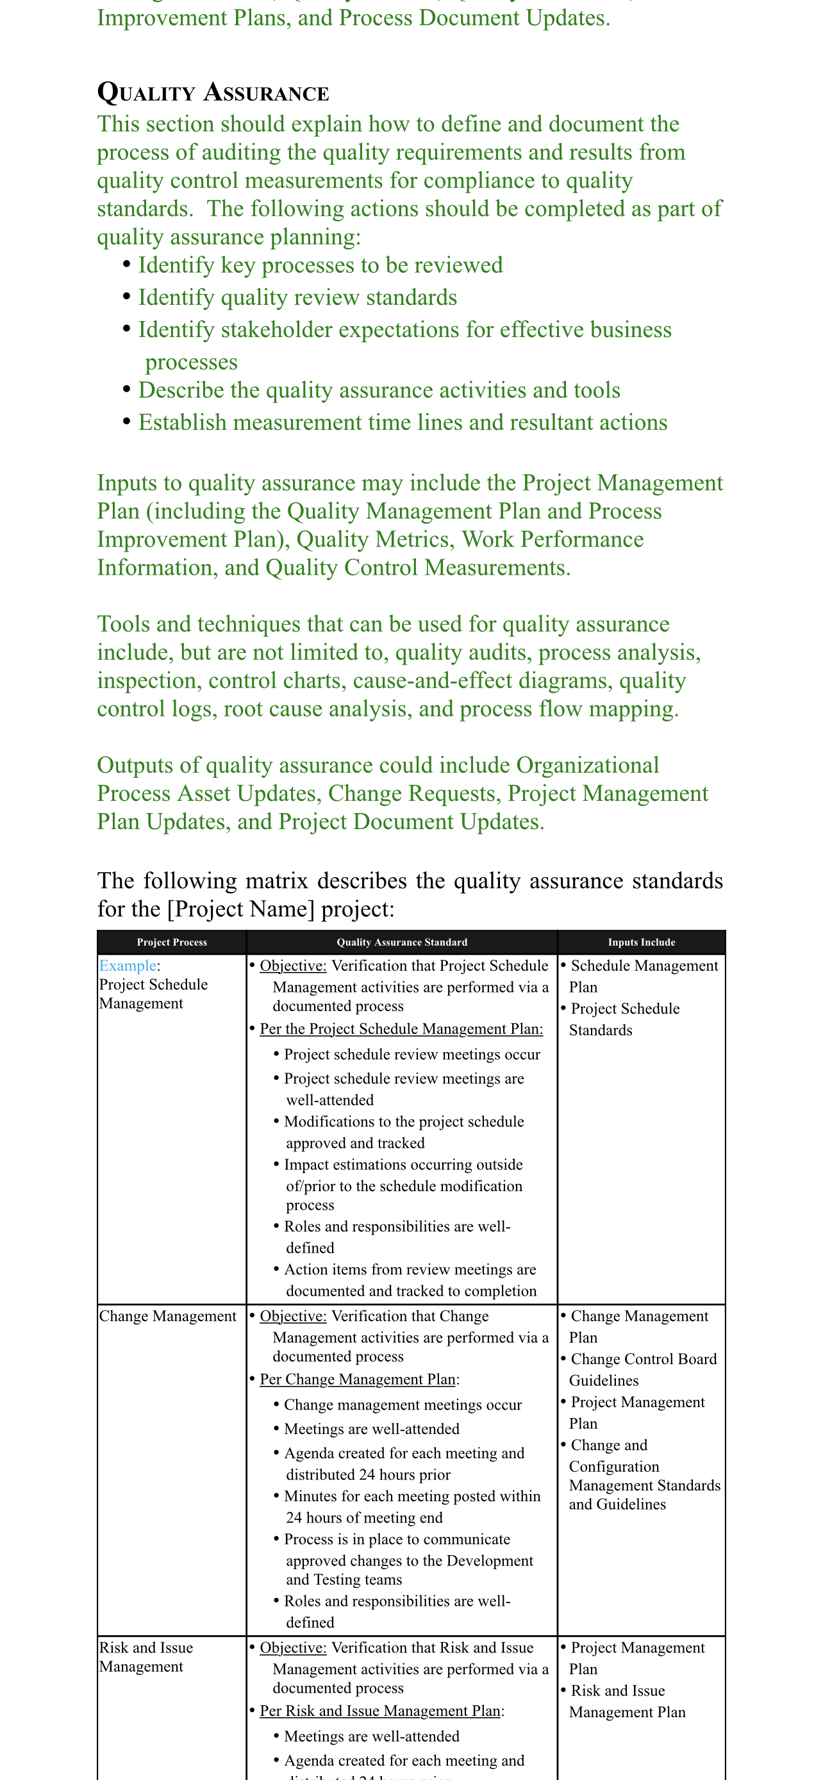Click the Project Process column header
(x=171, y=943)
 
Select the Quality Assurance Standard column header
(x=401, y=943)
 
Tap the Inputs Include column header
(x=641, y=943)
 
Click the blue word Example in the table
(x=128, y=966)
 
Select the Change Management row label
(x=168, y=1315)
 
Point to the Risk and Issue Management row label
(x=145, y=1656)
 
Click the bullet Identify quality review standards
(x=297, y=298)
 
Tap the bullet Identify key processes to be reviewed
(x=320, y=265)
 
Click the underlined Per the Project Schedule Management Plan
(x=401, y=1029)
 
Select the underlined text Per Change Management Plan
(x=357, y=1380)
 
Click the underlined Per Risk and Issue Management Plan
(x=379, y=1710)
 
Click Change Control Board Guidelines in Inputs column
(x=643, y=1369)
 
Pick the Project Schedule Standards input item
(x=625, y=1019)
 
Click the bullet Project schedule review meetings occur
(x=412, y=1055)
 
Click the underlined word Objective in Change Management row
(x=293, y=1315)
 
